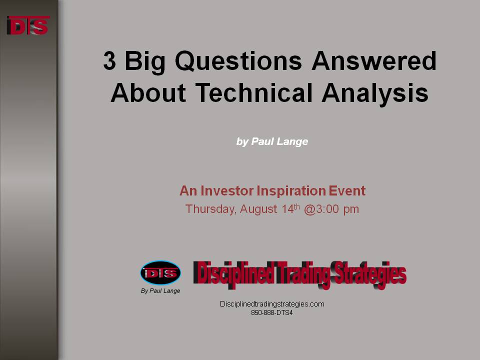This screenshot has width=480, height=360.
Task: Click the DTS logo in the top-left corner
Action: click(x=28, y=25)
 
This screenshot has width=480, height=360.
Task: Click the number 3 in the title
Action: click(x=109, y=60)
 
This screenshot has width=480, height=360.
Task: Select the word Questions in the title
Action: click(x=238, y=61)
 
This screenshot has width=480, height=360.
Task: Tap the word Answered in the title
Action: click(x=374, y=60)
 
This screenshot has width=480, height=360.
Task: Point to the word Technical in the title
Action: click(x=254, y=92)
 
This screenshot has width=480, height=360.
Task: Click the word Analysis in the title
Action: click(x=375, y=93)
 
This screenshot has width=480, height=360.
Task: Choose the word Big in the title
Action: click(x=145, y=62)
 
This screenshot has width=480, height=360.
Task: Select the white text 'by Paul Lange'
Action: click(x=272, y=141)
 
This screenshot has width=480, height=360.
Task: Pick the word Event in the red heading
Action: click(x=347, y=190)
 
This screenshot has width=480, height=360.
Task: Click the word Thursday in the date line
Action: click(x=211, y=209)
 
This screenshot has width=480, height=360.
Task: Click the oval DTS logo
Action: click(x=160, y=273)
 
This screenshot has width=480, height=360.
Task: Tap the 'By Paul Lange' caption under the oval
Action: click(x=160, y=291)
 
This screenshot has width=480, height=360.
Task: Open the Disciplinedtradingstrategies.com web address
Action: click(x=272, y=304)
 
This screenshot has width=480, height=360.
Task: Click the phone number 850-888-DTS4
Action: click(x=272, y=313)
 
